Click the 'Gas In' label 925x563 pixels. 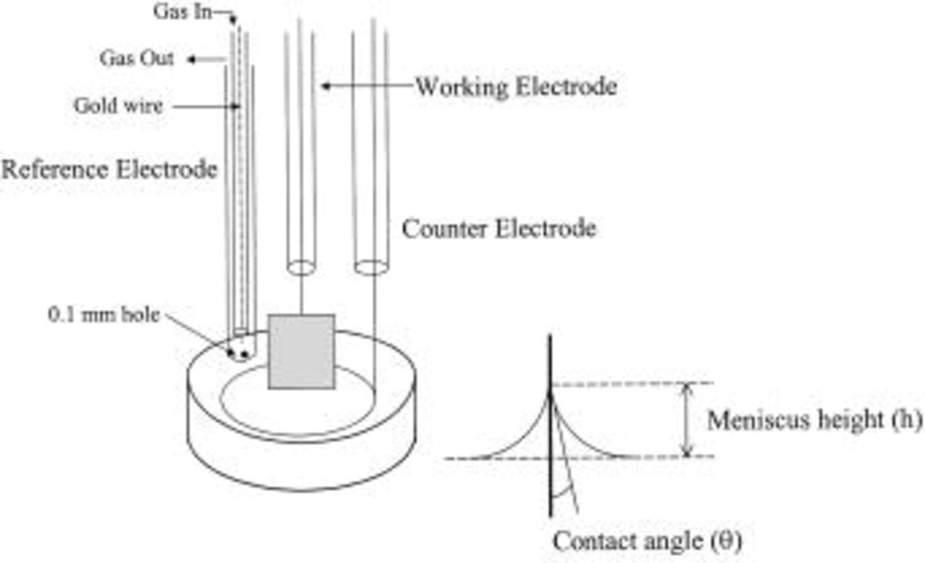tap(182, 12)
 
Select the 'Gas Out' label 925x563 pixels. tap(137, 59)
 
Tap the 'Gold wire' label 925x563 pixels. tap(118, 106)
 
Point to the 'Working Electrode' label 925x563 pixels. tap(516, 86)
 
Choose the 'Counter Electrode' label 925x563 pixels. tap(498, 229)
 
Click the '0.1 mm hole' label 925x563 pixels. tap(104, 315)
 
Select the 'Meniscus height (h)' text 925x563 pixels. tap(814, 420)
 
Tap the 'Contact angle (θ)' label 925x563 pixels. tap(647, 541)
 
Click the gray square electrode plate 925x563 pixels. tap(302, 352)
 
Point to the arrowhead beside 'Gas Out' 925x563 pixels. tap(191, 60)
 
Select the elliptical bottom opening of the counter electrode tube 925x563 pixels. tap(371, 267)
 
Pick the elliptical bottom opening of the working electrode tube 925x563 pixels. tap(301, 267)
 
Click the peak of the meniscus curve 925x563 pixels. tap(550, 395)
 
